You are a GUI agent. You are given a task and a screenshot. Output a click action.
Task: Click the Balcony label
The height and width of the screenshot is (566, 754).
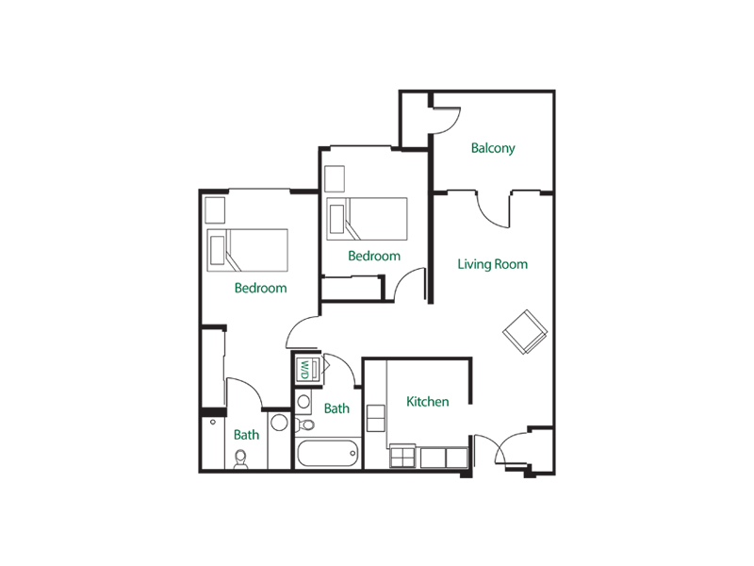tap(493, 148)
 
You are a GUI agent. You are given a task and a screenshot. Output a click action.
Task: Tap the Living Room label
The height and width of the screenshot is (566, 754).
tap(492, 264)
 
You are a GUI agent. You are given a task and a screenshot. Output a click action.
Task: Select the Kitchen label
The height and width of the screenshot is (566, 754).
tap(427, 402)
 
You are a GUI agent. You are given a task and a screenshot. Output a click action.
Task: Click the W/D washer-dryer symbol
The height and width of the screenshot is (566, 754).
tap(307, 369)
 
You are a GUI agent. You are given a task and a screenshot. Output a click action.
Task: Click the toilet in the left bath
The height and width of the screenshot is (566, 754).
tap(240, 459)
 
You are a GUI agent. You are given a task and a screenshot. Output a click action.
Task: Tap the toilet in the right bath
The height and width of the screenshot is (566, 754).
tap(303, 403)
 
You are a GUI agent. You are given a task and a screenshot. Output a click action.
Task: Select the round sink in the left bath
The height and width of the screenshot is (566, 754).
tap(280, 424)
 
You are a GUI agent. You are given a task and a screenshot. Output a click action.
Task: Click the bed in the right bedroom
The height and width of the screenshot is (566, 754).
tap(366, 220)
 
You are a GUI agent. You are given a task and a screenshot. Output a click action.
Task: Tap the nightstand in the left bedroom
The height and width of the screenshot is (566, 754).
tap(216, 208)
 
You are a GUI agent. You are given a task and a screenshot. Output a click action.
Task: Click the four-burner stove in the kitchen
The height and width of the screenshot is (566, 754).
tap(403, 458)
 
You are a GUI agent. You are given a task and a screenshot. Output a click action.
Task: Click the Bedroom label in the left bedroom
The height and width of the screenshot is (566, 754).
tap(260, 288)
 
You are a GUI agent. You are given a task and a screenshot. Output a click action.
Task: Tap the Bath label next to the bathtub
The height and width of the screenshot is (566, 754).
tap(336, 408)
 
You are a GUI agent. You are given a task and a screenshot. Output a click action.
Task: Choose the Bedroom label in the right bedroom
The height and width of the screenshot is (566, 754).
tap(374, 256)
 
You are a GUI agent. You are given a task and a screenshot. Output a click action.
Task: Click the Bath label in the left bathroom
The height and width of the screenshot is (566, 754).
tap(246, 435)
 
